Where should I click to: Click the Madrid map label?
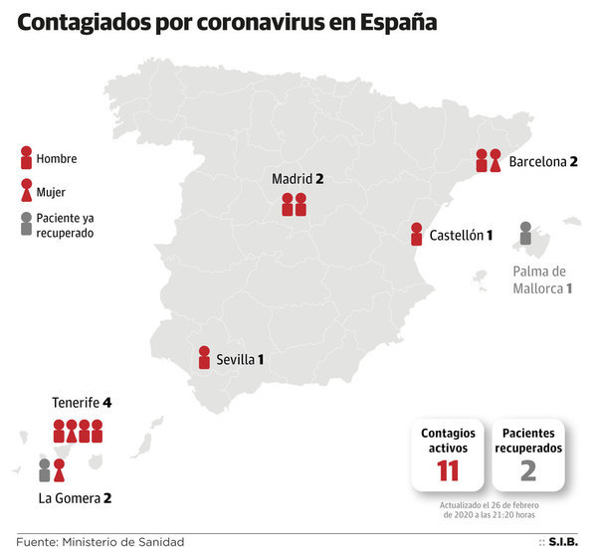coord(298,179)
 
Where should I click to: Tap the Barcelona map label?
coord(543,161)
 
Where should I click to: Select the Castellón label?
coord(462,236)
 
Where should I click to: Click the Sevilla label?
coord(240,359)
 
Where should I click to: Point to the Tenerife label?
coord(82,403)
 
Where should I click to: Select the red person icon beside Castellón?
coord(416,235)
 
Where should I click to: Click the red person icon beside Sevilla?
coord(204,358)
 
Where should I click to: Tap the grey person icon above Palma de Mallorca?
coord(525,234)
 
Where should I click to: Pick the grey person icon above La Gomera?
coord(45,470)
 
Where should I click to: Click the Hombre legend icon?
coord(25,157)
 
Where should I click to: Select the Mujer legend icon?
coord(25,190)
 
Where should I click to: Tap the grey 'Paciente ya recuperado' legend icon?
coord(25,225)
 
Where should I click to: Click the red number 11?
coord(448,469)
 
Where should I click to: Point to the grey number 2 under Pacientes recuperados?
coord(528,469)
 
